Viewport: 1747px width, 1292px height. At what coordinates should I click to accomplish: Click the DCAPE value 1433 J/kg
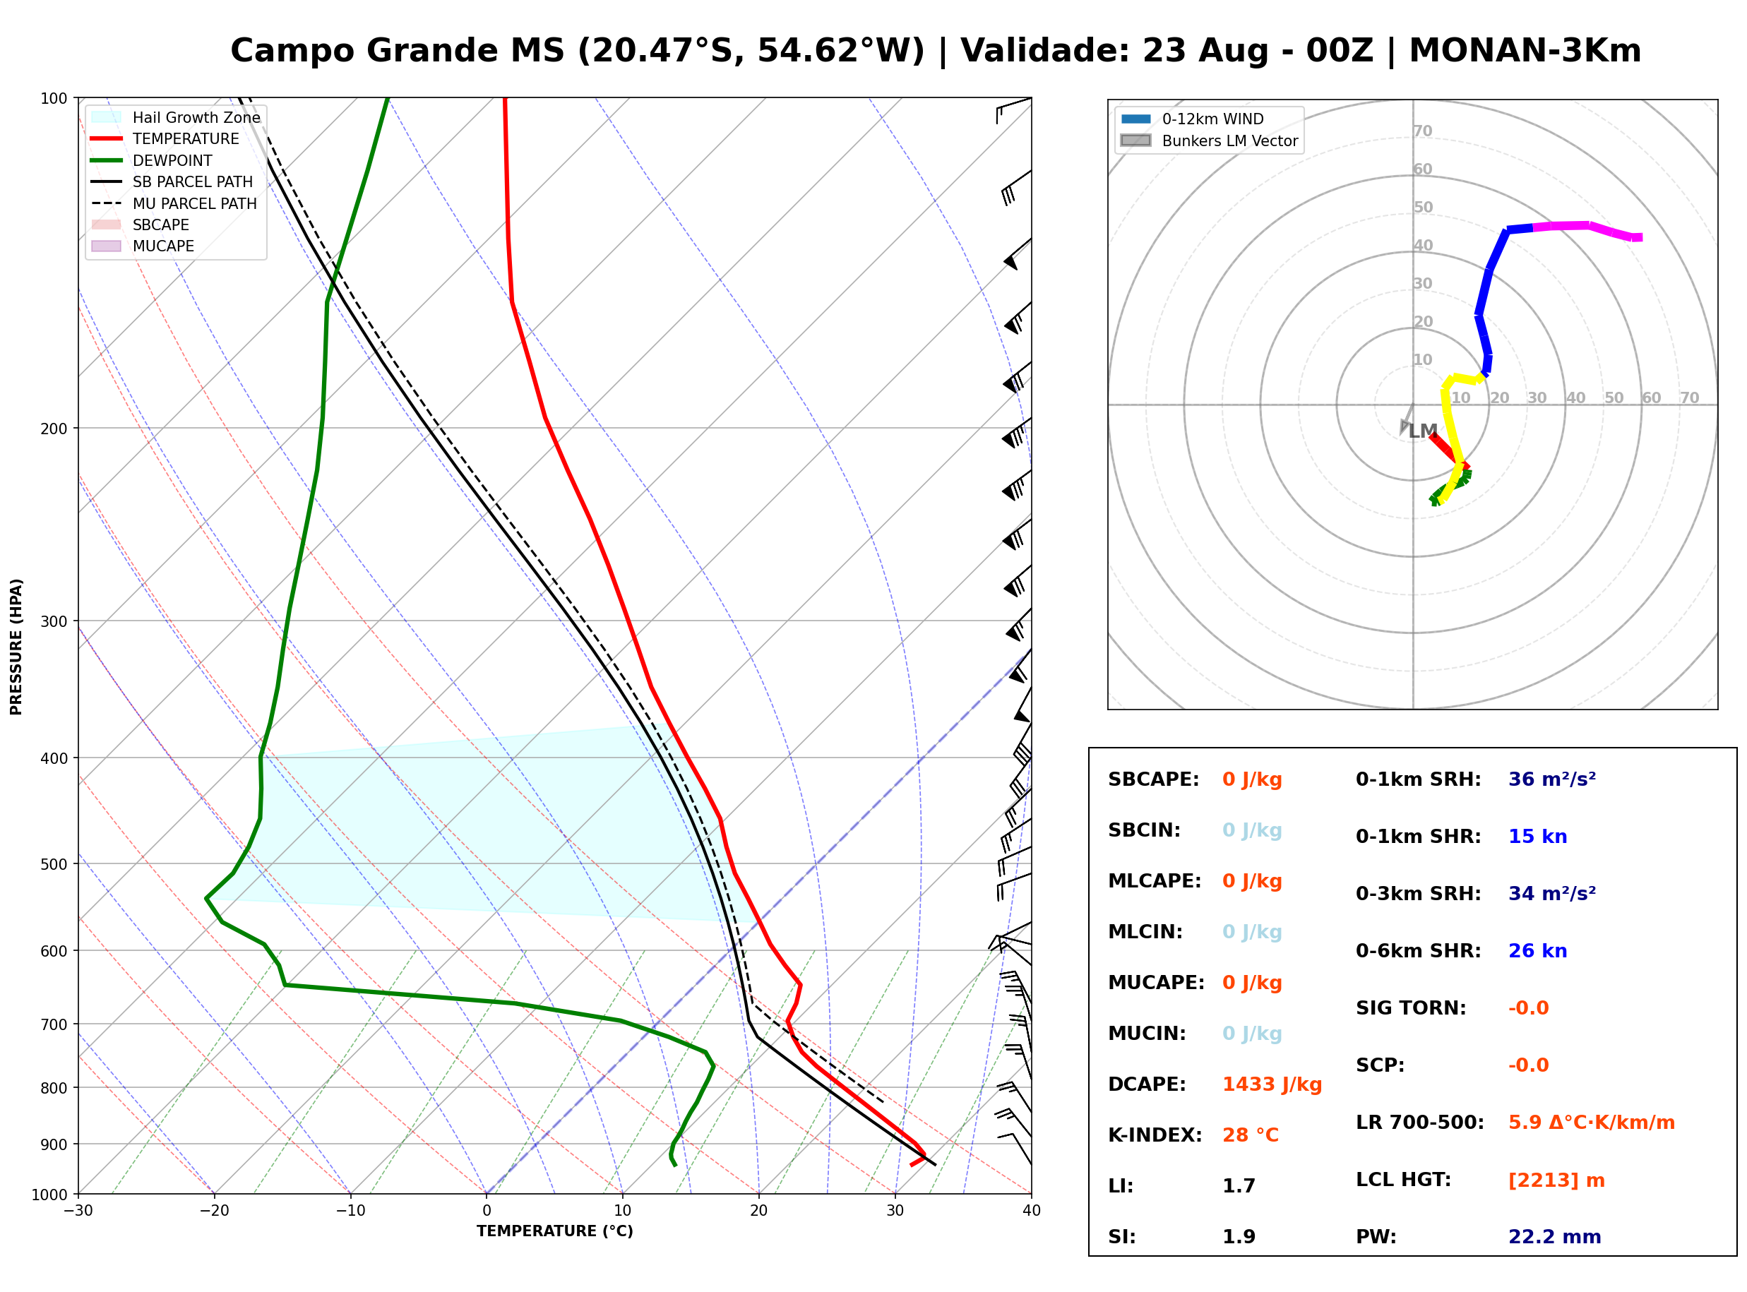point(1272,1084)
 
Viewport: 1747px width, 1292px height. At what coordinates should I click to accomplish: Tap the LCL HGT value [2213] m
point(1556,1180)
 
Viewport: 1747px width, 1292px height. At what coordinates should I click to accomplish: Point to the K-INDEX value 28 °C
point(1251,1135)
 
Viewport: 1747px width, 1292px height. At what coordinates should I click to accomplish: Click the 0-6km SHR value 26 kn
point(1537,951)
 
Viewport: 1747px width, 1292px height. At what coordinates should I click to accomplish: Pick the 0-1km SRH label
point(1418,779)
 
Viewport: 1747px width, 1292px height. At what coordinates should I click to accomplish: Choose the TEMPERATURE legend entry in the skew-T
point(165,138)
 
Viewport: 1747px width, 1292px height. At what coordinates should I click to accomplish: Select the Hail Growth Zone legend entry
point(175,117)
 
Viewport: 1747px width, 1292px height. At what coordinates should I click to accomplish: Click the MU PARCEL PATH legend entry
point(174,203)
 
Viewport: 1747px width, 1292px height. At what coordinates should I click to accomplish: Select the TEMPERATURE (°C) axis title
point(554,1231)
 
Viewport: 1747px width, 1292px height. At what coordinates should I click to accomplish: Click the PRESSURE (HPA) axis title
point(16,647)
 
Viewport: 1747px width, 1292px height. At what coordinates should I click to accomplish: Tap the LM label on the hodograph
point(1424,431)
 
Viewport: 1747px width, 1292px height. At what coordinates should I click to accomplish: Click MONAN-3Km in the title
point(1525,51)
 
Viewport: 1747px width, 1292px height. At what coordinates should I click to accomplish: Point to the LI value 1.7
point(1239,1186)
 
